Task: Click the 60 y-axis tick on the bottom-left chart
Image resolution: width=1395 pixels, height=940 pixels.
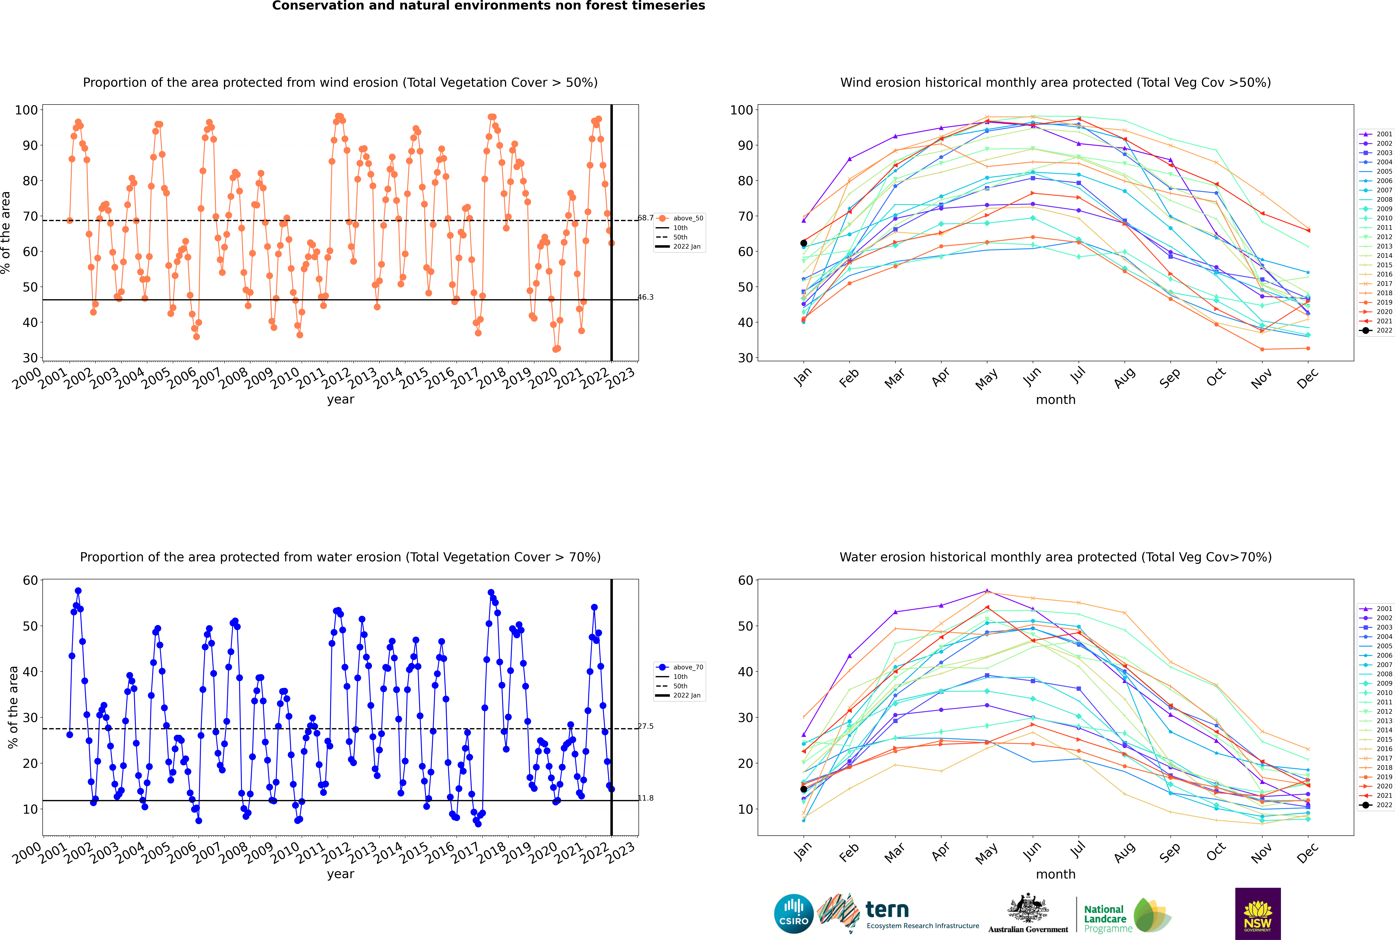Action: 30,580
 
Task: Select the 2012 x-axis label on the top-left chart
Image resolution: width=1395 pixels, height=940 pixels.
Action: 336,379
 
